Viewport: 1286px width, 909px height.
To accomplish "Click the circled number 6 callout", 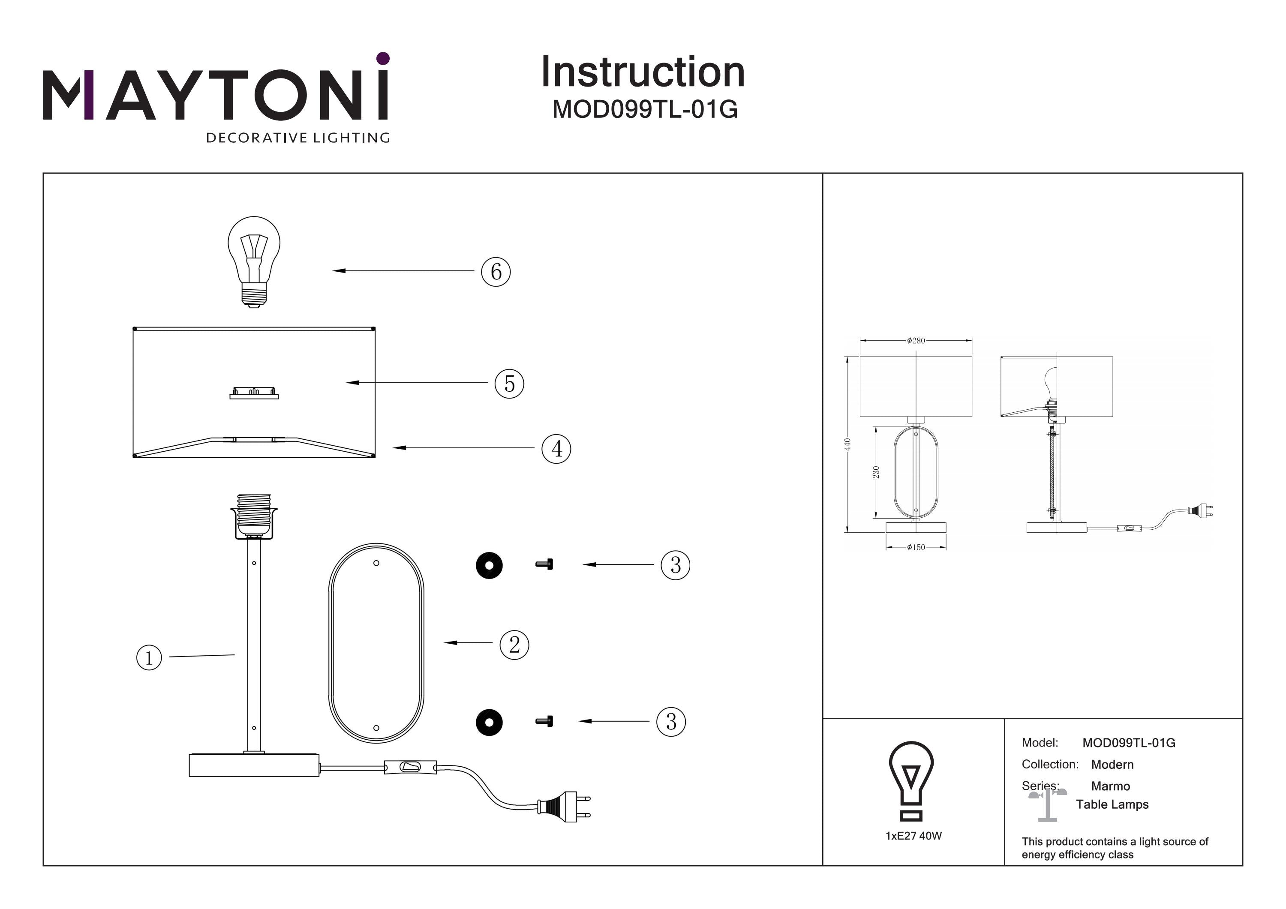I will coord(496,272).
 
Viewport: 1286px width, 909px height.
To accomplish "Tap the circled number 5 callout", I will coord(509,384).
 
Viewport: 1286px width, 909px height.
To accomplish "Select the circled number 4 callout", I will coord(556,449).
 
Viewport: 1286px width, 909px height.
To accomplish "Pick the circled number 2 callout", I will coord(514,644).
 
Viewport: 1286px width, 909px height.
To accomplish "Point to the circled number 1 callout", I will coord(149,657).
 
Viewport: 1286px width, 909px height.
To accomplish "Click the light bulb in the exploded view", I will coord(254,261).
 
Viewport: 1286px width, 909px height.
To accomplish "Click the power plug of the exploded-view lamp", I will coord(563,807).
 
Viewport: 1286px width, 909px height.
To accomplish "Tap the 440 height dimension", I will coord(847,444).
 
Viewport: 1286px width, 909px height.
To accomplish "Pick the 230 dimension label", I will coord(876,472).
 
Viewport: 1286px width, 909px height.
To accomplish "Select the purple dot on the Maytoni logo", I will coord(383,58).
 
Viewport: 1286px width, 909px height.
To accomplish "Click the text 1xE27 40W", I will coord(913,836).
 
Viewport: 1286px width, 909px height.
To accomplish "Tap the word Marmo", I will coord(1110,786).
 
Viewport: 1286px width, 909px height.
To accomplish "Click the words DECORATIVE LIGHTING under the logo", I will coord(298,138).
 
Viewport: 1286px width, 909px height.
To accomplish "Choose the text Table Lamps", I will coord(1112,804).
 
